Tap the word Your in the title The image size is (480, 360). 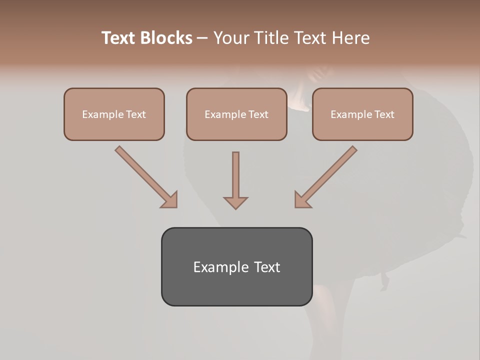[x=233, y=38]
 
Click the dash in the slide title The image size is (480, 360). [x=202, y=38]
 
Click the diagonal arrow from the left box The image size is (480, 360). [x=145, y=176]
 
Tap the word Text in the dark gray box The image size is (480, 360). [x=267, y=267]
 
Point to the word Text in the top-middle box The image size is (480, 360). [x=258, y=114]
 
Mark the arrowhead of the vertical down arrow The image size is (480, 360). [x=235, y=202]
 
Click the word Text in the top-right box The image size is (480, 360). [x=384, y=114]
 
